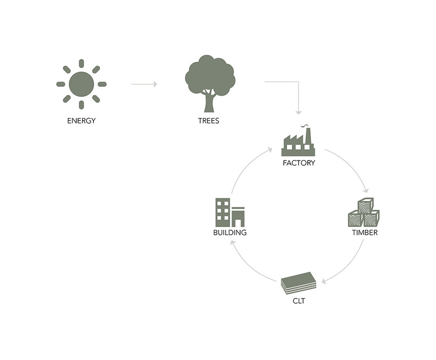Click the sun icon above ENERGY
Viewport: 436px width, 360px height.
82,84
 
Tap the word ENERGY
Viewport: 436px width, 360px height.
82,122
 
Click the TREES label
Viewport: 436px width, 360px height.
209,122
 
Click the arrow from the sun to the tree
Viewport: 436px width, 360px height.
144,84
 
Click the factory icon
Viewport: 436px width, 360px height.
298,143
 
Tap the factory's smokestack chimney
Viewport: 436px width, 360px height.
308,135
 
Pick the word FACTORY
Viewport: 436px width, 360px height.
299,163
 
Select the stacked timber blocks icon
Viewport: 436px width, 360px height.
363,212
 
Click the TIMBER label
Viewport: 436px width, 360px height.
365,233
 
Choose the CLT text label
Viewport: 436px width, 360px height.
299,301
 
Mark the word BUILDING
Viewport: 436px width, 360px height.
230,233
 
